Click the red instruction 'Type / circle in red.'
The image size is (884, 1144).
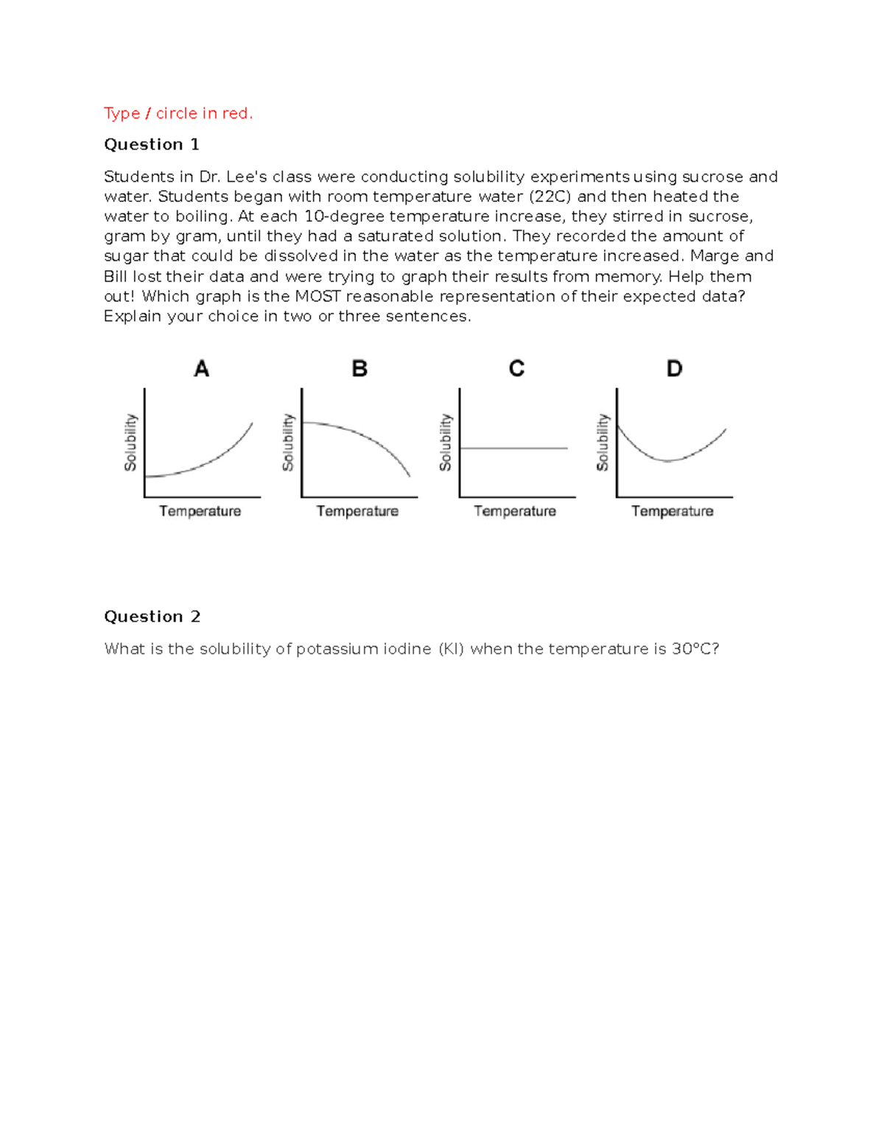tap(178, 113)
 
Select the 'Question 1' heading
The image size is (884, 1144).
tap(151, 144)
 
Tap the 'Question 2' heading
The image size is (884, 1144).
tap(152, 617)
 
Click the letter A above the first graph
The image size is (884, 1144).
tap(201, 368)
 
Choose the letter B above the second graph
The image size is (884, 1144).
tap(359, 368)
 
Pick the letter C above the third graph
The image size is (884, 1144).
tap(516, 368)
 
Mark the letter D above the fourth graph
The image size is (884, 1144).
tap(674, 368)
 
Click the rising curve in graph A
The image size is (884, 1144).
tap(214, 460)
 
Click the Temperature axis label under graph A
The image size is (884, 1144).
tap(200, 511)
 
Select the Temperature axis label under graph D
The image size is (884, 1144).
tap(672, 511)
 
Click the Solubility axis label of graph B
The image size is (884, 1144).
tap(288, 442)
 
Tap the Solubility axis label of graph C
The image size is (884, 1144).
tap(446, 442)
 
